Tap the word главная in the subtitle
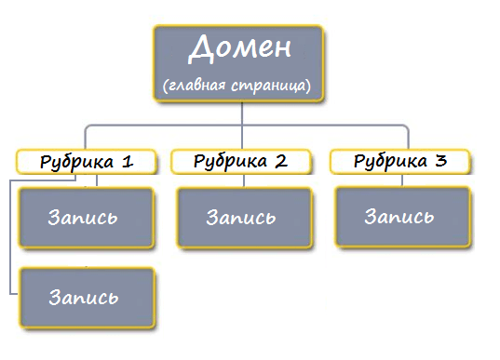196,86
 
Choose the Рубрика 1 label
87,161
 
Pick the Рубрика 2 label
241,161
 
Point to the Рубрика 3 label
400,161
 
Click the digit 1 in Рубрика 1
128,161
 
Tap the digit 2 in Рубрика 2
280,161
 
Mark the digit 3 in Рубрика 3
440,160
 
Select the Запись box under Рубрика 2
242,219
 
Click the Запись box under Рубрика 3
400,218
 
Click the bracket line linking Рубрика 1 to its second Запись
11,242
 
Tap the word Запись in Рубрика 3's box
400,217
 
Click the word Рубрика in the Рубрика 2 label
229,161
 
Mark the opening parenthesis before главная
164,87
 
